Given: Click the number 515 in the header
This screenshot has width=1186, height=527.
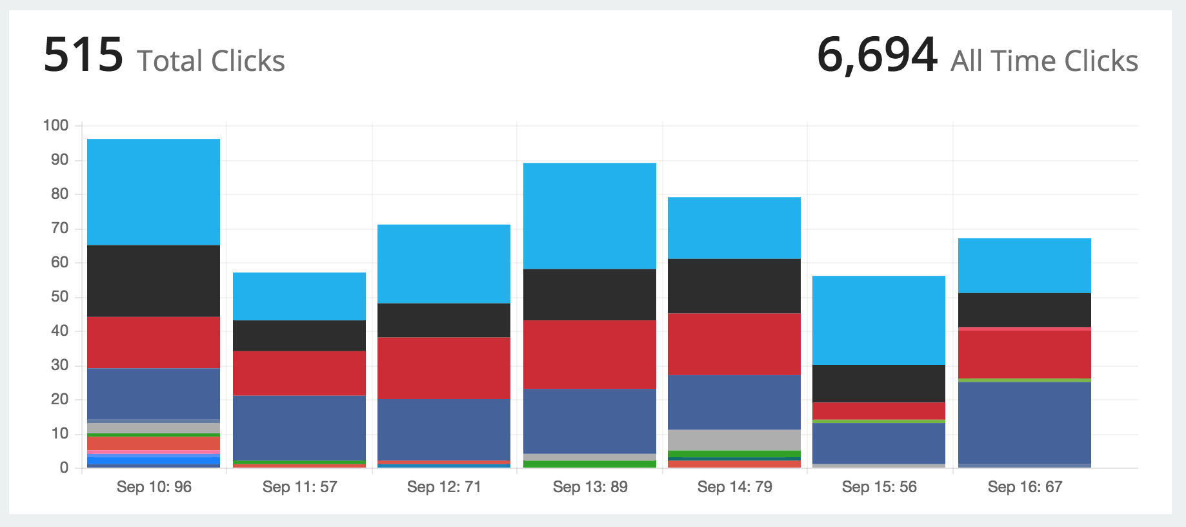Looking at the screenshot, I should [83, 56].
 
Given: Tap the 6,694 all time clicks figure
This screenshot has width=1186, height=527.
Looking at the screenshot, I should [876, 56].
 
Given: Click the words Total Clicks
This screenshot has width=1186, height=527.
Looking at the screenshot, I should [210, 61].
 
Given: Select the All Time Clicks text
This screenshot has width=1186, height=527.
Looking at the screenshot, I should [1044, 61].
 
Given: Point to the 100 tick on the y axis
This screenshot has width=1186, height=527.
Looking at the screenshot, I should [55, 125].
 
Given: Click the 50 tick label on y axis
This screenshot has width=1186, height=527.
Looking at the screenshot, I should [59, 296].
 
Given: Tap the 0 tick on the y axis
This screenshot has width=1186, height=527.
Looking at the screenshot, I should [64, 468].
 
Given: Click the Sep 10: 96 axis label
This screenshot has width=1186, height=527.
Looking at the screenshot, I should [154, 487].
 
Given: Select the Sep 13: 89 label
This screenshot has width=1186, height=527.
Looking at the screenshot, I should [590, 487].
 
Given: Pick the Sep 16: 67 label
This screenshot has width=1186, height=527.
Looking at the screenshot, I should [1025, 487].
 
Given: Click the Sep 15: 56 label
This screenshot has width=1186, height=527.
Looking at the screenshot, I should [879, 487].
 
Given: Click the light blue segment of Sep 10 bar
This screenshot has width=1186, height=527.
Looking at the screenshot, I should [154, 192].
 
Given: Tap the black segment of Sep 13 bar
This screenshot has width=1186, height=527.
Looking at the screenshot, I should [590, 294].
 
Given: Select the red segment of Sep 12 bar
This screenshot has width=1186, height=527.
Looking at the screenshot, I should [444, 367].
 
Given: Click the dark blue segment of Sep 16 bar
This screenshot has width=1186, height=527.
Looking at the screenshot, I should [1025, 422].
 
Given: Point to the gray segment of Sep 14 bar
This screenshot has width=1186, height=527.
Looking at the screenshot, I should [734, 440].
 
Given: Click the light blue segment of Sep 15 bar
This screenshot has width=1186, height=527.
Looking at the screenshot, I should [879, 320].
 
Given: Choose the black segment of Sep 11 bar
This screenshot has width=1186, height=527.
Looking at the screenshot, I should [299, 335].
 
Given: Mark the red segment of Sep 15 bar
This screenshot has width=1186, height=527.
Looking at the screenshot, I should [879, 411].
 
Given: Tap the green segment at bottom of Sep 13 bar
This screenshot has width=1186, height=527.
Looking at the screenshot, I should [590, 464].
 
